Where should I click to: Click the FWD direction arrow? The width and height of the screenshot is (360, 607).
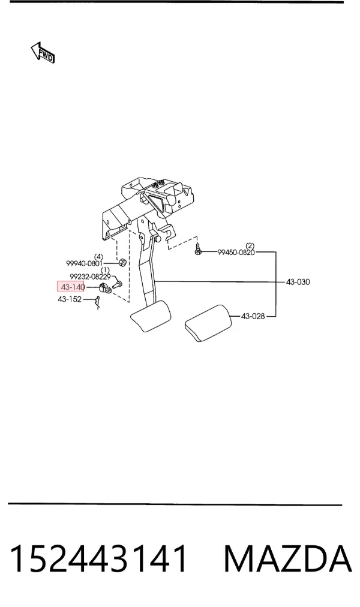(x=43, y=53)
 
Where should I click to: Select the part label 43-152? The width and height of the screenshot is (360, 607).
(x=70, y=299)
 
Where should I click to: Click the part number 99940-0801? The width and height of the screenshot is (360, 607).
(x=84, y=264)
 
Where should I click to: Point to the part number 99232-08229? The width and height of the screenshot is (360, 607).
(x=90, y=277)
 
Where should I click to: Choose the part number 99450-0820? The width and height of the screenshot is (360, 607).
(x=236, y=253)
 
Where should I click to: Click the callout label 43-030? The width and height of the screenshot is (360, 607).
(x=298, y=282)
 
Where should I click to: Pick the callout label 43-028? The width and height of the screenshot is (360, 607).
(x=253, y=316)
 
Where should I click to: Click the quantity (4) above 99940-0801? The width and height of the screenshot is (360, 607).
(x=99, y=257)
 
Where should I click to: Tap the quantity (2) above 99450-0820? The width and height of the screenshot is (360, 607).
(x=250, y=245)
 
